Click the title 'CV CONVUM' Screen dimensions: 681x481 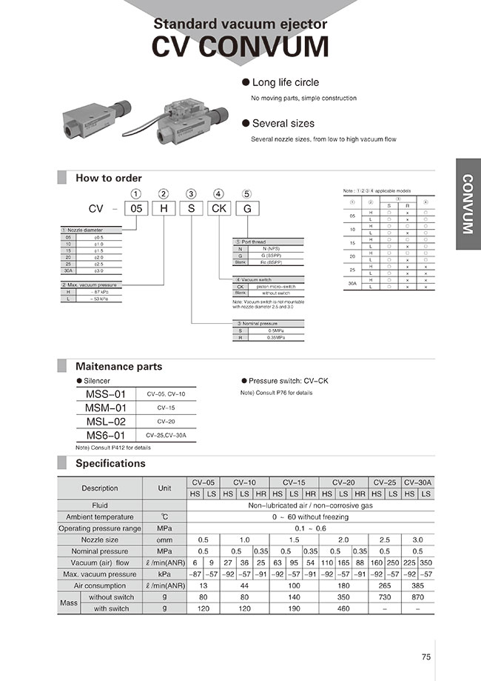240,46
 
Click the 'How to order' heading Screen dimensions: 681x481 109,178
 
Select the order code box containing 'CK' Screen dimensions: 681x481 220,209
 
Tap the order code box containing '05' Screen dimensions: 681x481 137,209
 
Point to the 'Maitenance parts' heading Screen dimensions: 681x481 118,366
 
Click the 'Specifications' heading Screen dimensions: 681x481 110,463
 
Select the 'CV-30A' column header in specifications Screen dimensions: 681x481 418,482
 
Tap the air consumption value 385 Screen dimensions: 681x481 418,585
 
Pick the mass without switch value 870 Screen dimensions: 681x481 418,597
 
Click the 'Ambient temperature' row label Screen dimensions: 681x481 100,516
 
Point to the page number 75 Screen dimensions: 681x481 425,657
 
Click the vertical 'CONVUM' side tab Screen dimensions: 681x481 468,204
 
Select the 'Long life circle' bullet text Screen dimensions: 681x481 286,83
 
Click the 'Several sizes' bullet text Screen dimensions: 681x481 283,124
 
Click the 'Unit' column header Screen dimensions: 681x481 164,488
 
